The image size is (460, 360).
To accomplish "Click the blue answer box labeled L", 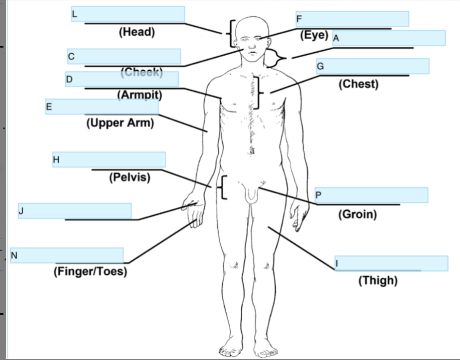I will coord(128,14).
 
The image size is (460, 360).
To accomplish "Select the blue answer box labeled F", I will coord(352,19).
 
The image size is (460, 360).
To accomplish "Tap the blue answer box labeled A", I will coord(389,38).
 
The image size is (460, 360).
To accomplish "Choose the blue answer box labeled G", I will coord(372,66).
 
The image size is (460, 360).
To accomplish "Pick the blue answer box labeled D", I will coord(122,79).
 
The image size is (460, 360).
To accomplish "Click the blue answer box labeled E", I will coord(102,106).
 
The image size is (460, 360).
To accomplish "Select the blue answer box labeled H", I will coord(109,159).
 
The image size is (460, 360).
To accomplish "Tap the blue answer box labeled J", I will coord(75,211).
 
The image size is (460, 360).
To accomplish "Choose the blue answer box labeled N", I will coord(67,255).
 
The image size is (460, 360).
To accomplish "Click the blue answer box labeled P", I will coord(371,195).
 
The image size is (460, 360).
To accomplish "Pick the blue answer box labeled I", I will coord(391,263).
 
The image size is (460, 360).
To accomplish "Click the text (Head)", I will coord(137,32).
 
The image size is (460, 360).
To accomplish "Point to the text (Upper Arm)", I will coord(120,123).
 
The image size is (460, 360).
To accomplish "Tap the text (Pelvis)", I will coord(129,178).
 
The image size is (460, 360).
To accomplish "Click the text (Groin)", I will coord(357,214).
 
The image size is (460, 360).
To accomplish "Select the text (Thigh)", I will coord(378,281).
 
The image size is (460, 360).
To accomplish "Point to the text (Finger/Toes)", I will coord(90,271).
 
